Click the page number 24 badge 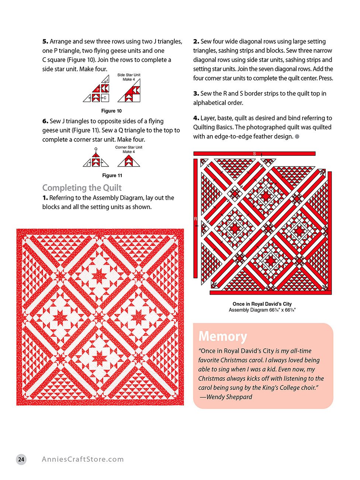click(x=21, y=459)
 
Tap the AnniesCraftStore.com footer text click(x=83, y=459)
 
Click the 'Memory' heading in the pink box click(x=222, y=336)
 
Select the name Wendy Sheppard click(x=229, y=397)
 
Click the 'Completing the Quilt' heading click(x=82, y=188)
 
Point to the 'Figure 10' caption click(x=111, y=111)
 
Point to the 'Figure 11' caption click(x=112, y=175)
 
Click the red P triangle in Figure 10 click(x=97, y=89)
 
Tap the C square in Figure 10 click(x=105, y=98)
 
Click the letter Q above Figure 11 click(x=96, y=149)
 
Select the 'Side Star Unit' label click(x=129, y=75)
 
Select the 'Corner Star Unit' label click(x=128, y=147)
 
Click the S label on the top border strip click(x=254, y=154)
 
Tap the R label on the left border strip click(x=195, y=219)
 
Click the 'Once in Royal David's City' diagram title click(x=262, y=304)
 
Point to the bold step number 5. click(x=45, y=41)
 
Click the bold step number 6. click(x=45, y=121)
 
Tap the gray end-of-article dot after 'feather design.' click(x=297, y=137)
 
